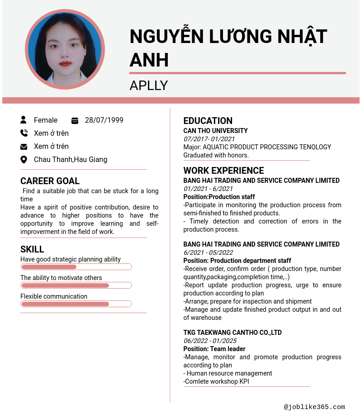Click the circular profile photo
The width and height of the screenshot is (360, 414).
click(x=65, y=49)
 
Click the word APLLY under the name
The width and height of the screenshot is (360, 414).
click(x=148, y=85)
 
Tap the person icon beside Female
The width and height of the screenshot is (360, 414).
click(x=24, y=120)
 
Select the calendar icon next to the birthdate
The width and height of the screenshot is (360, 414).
click(x=75, y=120)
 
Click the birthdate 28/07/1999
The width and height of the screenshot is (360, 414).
click(x=104, y=120)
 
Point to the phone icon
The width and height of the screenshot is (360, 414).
click(x=24, y=133)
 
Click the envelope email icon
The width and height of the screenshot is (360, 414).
click(x=24, y=147)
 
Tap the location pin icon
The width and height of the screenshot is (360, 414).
click(x=24, y=159)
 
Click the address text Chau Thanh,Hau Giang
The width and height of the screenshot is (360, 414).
click(x=71, y=159)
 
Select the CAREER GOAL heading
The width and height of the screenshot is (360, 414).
click(x=50, y=181)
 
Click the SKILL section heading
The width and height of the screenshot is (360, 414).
click(x=32, y=249)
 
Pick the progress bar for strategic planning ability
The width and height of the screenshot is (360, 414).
click(x=76, y=267)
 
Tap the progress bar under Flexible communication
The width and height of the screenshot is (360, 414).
click(x=76, y=304)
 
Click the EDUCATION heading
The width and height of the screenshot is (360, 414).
click(x=208, y=121)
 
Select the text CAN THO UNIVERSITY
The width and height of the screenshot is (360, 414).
click(x=215, y=131)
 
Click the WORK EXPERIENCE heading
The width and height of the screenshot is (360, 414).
click(x=223, y=171)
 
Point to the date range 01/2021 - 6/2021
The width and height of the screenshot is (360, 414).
click(x=208, y=189)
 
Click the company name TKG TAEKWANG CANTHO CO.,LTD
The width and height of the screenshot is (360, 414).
click(x=232, y=333)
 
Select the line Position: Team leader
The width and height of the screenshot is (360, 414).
click(x=214, y=349)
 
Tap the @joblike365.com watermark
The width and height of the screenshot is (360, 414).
click(x=314, y=407)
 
